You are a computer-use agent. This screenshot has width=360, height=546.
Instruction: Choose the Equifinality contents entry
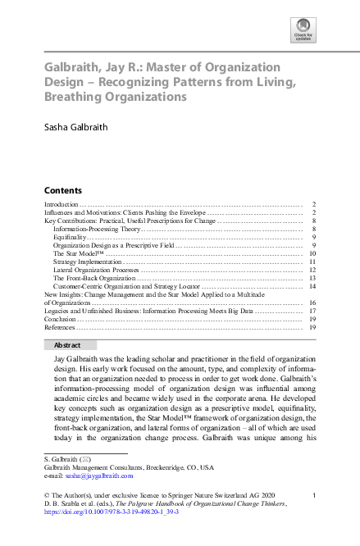pos(73,237)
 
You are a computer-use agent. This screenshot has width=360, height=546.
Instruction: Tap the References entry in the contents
pos(62,327)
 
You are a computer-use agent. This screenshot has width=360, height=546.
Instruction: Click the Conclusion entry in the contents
pos(62,319)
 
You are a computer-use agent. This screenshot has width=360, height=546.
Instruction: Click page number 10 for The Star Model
pos(312,253)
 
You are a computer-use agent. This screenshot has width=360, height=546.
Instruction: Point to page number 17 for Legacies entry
pos(312,311)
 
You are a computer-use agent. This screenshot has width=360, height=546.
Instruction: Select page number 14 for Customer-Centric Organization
pos(312,286)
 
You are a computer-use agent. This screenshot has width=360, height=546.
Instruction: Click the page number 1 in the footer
pos(314,494)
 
